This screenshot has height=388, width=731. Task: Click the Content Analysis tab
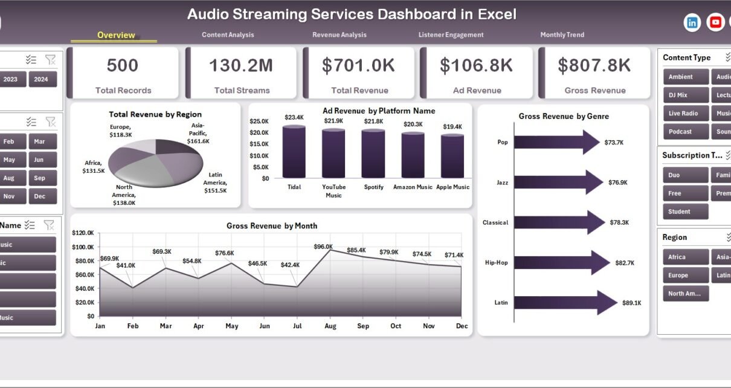(228, 35)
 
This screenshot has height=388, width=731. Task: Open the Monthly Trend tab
(562, 35)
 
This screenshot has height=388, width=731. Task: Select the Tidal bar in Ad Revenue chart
(294, 152)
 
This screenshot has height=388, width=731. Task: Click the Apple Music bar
(452, 156)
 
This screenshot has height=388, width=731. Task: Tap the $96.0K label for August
(323, 247)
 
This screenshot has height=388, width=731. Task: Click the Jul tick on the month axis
(297, 326)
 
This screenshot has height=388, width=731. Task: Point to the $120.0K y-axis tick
(83, 233)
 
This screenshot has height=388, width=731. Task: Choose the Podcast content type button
(680, 132)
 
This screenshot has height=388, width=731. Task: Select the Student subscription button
(679, 212)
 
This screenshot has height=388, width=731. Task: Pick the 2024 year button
(41, 79)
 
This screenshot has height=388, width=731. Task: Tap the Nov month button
(8, 196)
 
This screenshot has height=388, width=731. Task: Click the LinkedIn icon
(692, 22)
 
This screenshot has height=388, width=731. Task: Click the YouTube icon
(715, 22)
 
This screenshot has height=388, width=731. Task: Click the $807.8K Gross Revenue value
(594, 65)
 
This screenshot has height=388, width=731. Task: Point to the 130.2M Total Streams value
(241, 65)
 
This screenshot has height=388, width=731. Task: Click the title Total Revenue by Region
(155, 114)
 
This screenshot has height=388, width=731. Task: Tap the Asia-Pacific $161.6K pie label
(198, 133)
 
